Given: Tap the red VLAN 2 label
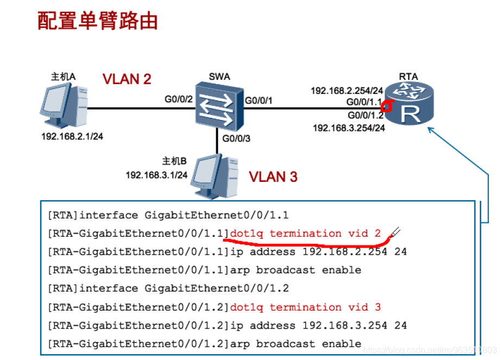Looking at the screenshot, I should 127,79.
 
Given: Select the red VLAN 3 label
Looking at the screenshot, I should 273,177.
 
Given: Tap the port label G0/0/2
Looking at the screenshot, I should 179,99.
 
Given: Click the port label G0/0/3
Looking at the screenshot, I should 237,138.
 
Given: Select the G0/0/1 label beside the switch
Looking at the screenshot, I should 259,100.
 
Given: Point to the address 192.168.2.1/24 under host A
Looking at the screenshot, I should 72,136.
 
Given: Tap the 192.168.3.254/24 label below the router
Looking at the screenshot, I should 349,128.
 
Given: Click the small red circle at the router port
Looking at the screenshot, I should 386,104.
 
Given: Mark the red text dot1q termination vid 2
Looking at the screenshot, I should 305,233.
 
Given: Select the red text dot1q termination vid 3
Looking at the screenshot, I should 305,307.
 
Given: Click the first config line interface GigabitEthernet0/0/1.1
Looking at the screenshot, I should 168,215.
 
